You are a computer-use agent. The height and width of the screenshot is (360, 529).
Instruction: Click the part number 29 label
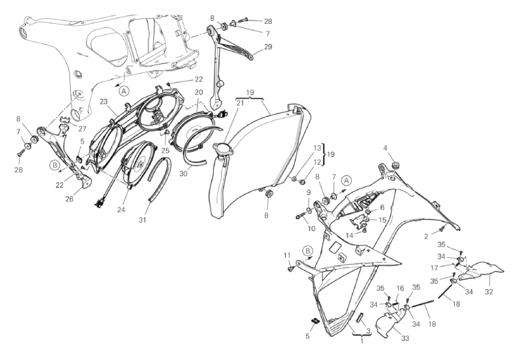tap(268, 46)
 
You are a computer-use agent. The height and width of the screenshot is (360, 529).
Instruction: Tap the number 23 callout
tap(103, 102)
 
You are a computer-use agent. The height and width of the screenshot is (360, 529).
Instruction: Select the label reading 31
tap(142, 220)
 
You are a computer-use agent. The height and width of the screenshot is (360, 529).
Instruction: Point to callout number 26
tap(69, 199)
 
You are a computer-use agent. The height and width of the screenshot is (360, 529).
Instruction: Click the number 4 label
tap(385, 148)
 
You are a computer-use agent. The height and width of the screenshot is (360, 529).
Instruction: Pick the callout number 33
tap(405, 338)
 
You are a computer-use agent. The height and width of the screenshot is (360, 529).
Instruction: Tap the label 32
tap(489, 292)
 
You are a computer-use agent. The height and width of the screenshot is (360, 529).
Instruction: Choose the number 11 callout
tap(287, 255)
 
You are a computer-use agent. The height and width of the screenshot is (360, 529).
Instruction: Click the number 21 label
tap(240, 103)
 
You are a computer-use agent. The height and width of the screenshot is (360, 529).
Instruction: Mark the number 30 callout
tap(183, 174)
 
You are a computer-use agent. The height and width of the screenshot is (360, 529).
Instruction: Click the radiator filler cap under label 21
tap(221, 149)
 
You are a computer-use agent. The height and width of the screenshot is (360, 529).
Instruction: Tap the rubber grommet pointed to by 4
tap(394, 165)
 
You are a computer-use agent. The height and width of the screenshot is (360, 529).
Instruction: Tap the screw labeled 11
tap(291, 268)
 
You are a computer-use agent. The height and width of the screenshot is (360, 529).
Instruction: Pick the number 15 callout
tap(383, 220)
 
